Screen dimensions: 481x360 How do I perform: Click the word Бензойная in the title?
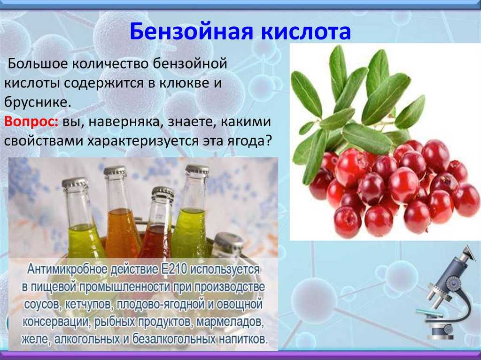192,31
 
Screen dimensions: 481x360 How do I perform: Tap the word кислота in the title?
306,31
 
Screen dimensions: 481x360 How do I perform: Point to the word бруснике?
38,102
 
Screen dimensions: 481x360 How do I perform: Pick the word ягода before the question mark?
249,142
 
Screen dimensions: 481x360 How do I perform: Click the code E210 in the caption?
174,269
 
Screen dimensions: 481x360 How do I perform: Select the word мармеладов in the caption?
230,322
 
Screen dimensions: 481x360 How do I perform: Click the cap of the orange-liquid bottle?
116,171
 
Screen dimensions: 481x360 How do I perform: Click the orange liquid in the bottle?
122,233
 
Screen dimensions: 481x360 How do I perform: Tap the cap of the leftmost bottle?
75,184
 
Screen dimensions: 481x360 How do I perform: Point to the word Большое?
38,64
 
